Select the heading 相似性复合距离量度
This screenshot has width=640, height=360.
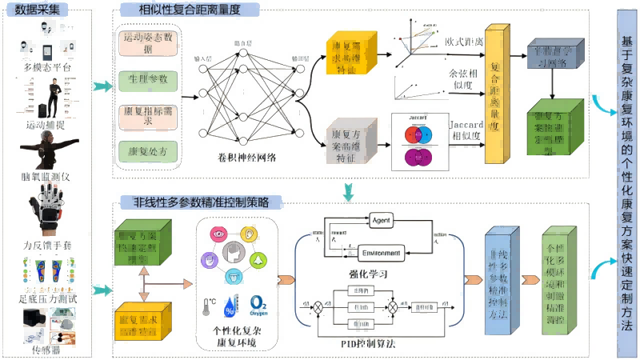tap(180, 10)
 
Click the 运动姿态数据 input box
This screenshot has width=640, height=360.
tap(149, 43)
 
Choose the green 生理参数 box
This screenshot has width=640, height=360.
tap(149, 80)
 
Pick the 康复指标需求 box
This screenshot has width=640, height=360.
tap(149, 115)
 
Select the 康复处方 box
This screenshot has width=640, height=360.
tap(149, 150)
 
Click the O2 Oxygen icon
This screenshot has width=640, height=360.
tap(258, 306)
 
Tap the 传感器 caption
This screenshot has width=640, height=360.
tap(46, 350)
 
